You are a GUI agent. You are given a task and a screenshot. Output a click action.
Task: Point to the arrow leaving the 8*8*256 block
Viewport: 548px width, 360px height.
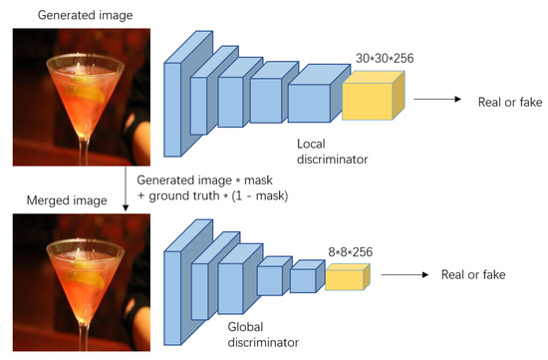[x=403, y=274]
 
